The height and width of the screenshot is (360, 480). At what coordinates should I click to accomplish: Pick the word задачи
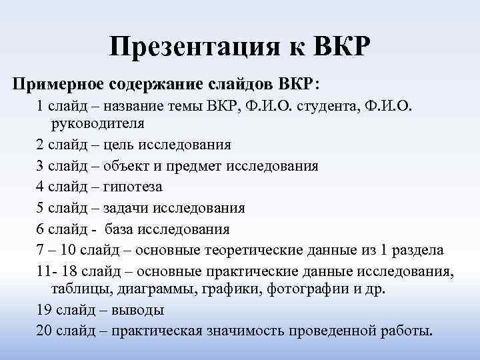click(127, 207)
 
